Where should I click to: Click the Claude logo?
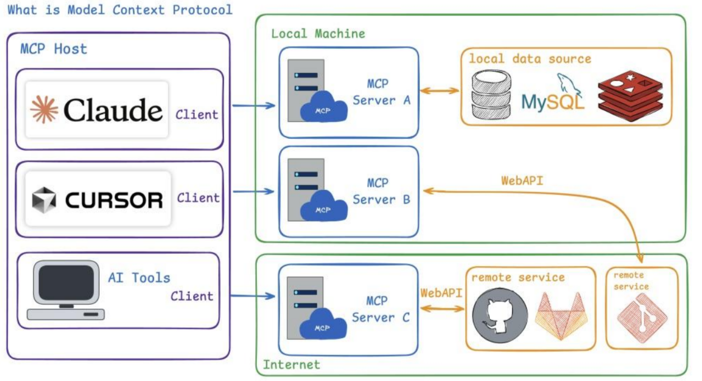click(97, 110)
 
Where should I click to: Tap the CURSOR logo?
click(97, 199)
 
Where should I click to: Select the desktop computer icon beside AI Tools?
click(65, 290)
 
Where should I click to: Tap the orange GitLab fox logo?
click(560, 317)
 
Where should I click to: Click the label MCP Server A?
click(381, 92)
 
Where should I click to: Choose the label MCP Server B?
click(381, 191)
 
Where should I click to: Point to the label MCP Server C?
click(381, 309)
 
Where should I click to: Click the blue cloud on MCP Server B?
click(324, 208)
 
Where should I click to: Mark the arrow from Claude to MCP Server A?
click(254, 105)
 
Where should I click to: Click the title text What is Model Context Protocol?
click(120, 10)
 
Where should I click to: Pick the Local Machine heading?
click(318, 34)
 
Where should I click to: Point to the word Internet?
click(291, 365)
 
